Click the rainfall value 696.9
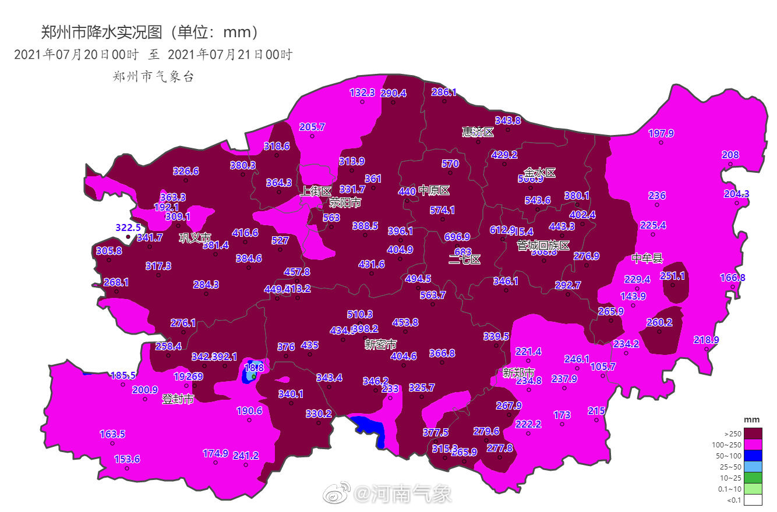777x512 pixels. pyautogui.click(x=457, y=237)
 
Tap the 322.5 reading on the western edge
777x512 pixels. pyautogui.click(x=128, y=227)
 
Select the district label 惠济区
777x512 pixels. pyautogui.click(x=478, y=132)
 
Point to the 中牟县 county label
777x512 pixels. pyautogui.click(x=647, y=259)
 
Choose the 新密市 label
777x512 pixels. pyautogui.click(x=380, y=344)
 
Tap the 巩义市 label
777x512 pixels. pyautogui.click(x=195, y=238)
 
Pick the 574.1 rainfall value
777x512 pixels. pyautogui.click(x=442, y=210)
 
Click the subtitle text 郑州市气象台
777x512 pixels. pyautogui.click(x=153, y=76)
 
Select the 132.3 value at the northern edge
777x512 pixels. pyautogui.click(x=362, y=93)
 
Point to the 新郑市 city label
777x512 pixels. pyautogui.click(x=518, y=372)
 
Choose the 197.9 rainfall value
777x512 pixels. pyautogui.click(x=661, y=133)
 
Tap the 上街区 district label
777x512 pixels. pyautogui.click(x=315, y=191)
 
